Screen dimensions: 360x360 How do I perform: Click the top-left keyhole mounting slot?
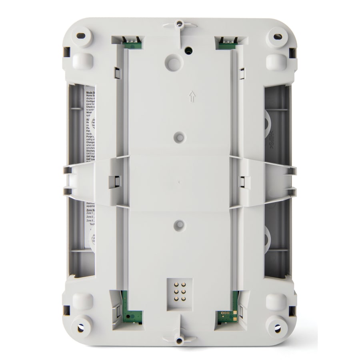tap(82, 36)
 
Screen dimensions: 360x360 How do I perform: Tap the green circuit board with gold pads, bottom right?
tap(226, 314)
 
